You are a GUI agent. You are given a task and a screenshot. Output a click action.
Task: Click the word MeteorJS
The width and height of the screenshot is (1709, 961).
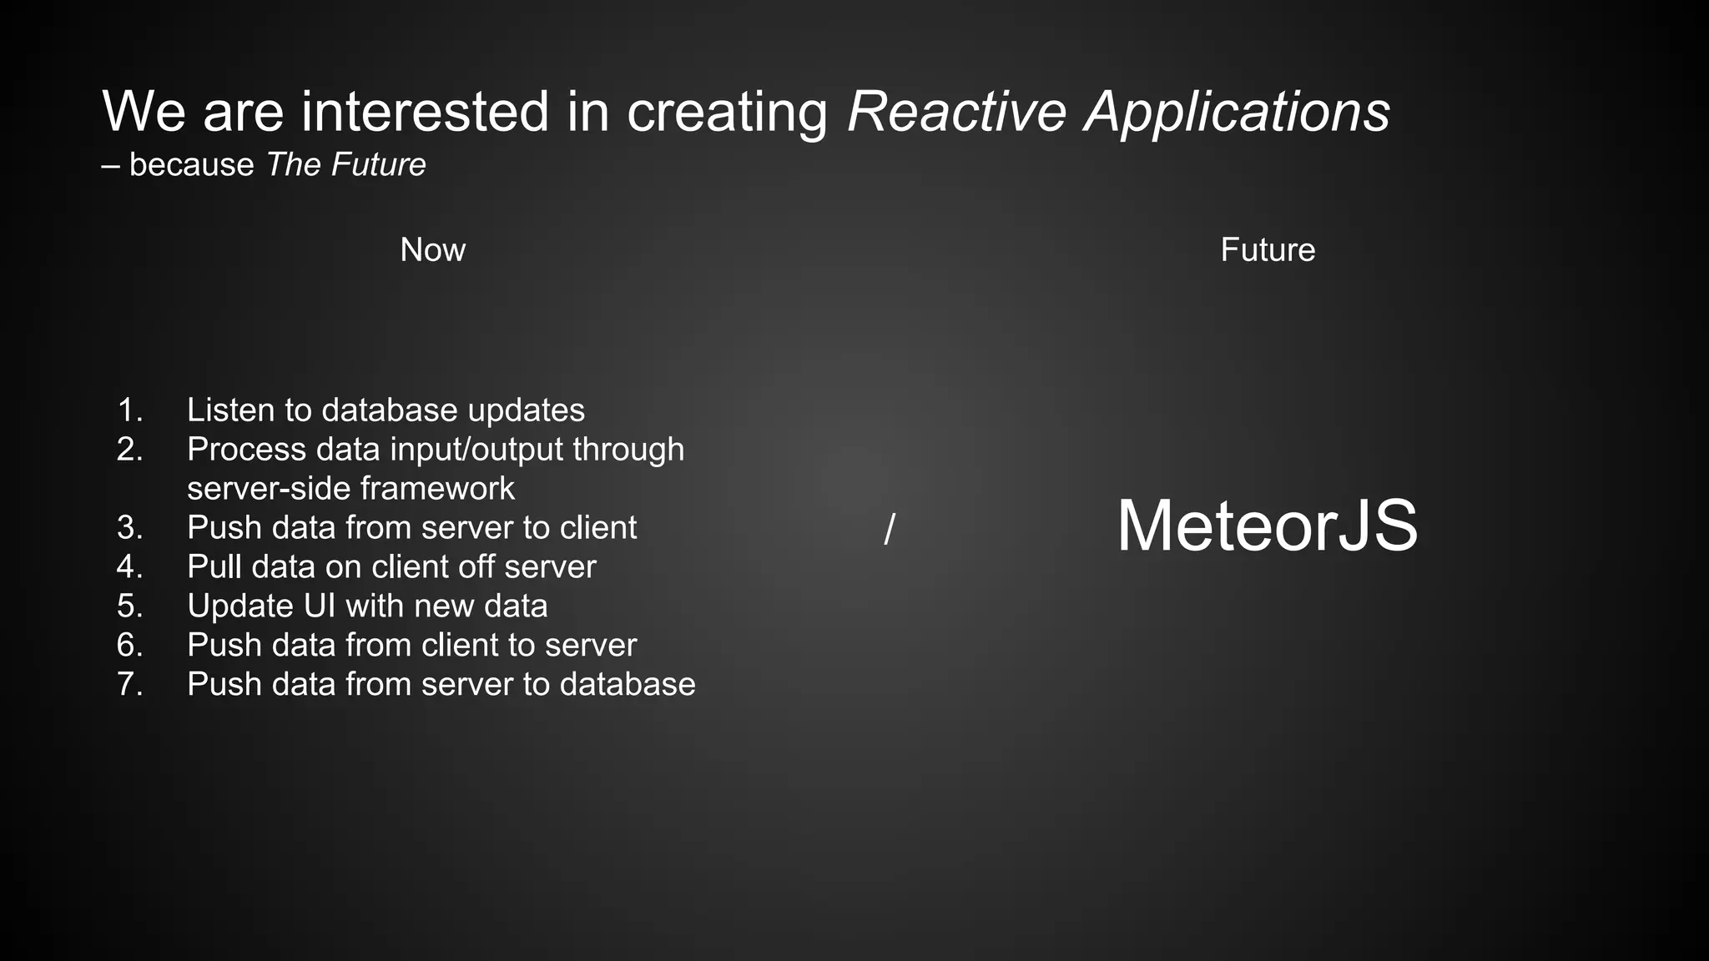pos(1267,526)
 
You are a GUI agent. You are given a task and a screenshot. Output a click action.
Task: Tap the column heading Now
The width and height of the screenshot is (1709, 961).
pos(432,249)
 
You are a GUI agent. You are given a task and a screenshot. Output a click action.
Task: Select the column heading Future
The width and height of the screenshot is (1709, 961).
pos(1267,249)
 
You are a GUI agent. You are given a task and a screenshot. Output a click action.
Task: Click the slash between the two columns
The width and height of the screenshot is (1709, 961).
pos(889,529)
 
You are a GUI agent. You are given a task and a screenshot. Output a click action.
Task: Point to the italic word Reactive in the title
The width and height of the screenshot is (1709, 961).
pos(956,111)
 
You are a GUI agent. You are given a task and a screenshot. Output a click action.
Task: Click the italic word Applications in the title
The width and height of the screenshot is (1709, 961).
pos(1237,111)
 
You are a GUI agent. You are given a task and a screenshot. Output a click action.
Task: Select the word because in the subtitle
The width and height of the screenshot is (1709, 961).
pos(191,164)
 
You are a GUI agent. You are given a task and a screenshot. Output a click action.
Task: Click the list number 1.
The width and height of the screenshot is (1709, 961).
pos(130,410)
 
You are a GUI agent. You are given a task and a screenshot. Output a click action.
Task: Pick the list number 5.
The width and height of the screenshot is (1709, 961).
pos(130,606)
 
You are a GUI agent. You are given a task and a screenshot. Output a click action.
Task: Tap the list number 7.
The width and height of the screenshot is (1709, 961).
pos(130,684)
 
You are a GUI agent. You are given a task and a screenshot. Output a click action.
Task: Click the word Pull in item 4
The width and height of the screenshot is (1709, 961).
pos(214,566)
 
